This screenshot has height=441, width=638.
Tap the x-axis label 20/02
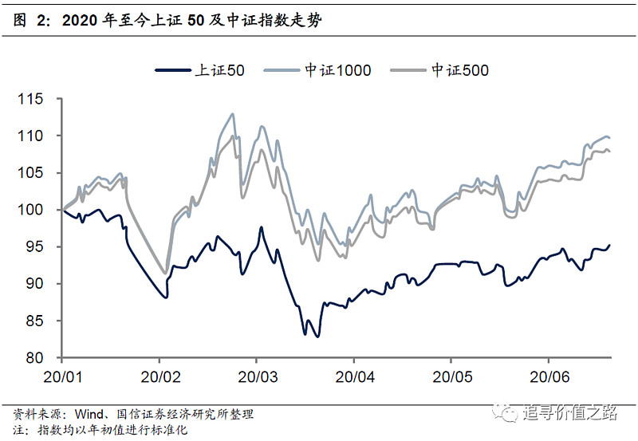[x=159, y=374]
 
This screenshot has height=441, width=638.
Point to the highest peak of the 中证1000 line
[x=232, y=114]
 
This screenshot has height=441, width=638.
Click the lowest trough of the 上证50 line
[x=317, y=337]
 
